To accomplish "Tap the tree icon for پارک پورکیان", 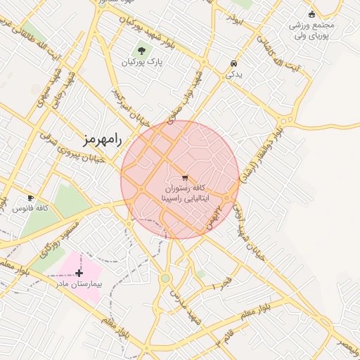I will (143, 51).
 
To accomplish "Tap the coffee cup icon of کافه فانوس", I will (30, 198).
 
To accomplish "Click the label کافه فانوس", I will (31, 209).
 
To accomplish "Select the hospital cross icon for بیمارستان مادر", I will (79, 273).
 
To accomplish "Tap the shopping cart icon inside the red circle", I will (185, 177).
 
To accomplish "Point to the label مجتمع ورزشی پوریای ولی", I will (312, 30).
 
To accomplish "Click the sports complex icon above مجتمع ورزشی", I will (312, 13).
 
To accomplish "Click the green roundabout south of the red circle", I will (165, 279).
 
